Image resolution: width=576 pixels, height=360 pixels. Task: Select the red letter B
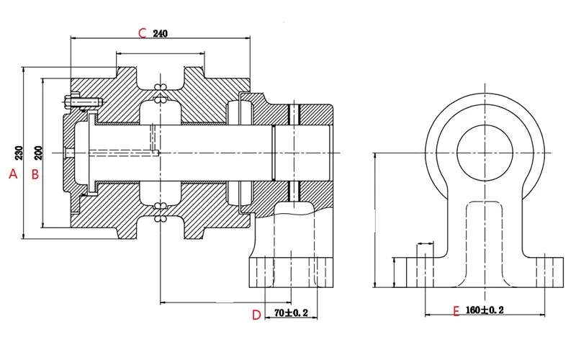[x=33, y=174]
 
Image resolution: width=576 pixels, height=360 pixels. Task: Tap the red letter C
[x=142, y=32]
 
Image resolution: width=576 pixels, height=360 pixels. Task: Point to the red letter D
[x=256, y=315]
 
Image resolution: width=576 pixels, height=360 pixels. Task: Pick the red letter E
[x=454, y=311]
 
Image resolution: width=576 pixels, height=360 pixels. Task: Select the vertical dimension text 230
[x=19, y=153]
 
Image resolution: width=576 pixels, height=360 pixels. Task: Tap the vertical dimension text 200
[x=38, y=153]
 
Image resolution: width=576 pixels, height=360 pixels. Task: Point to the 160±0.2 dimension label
[x=485, y=310]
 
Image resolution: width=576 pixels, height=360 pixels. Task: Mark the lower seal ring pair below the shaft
[x=160, y=213]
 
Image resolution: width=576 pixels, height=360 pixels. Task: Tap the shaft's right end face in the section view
[x=330, y=153]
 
